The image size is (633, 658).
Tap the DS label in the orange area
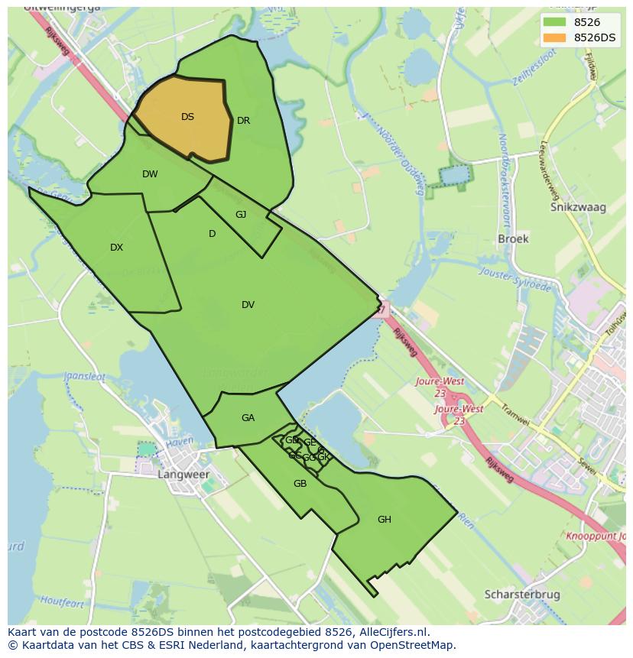(187, 117)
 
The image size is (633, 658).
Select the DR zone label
(243, 121)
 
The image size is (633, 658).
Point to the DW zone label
(150, 174)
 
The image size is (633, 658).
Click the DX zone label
(116, 248)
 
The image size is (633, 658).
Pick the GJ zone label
(241, 215)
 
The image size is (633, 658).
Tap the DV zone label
(248, 305)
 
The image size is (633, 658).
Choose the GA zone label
(248, 418)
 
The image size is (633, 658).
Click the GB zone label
(300, 484)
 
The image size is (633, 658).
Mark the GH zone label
(384, 520)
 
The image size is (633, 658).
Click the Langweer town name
(183, 475)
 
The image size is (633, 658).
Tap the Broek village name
(513, 238)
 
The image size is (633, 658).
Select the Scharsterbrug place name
(522, 595)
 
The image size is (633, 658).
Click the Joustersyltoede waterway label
(515, 279)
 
